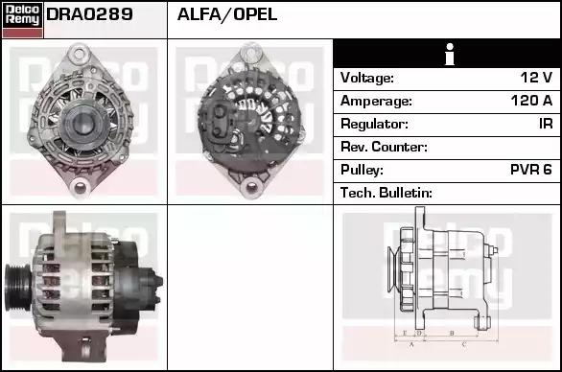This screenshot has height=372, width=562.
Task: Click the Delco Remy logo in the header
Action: point(23,20)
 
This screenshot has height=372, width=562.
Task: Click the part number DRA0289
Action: point(89,14)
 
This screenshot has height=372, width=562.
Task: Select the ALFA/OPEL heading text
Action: point(227,14)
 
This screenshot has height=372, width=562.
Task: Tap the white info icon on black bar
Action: point(450,54)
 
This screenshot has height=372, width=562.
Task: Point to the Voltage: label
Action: point(367,78)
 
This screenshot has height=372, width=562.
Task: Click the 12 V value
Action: point(536,78)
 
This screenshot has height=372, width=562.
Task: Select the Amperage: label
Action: point(376,101)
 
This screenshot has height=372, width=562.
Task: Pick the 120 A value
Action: point(532,101)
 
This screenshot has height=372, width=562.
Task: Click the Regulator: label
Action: point(374,124)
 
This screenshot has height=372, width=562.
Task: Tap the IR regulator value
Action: point(546,124)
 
